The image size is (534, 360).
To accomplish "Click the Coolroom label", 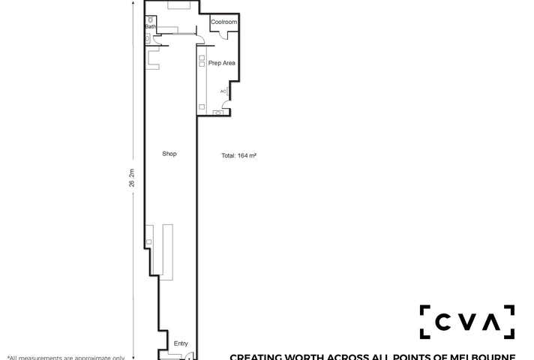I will (223, 22).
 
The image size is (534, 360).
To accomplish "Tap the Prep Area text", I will (221, 63).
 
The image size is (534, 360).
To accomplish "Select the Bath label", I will (150, 27).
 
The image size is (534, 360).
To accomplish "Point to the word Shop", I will (169, 154).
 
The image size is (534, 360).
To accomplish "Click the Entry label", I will (181, 343).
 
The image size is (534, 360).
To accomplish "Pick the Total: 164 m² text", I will (239, 156).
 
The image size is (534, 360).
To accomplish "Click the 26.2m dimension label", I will (132, 178).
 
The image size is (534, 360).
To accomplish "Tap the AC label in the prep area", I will (223, 91).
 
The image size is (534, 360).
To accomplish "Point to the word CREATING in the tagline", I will (254, 357).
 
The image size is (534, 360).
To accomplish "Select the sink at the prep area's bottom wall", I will (219, 112).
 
